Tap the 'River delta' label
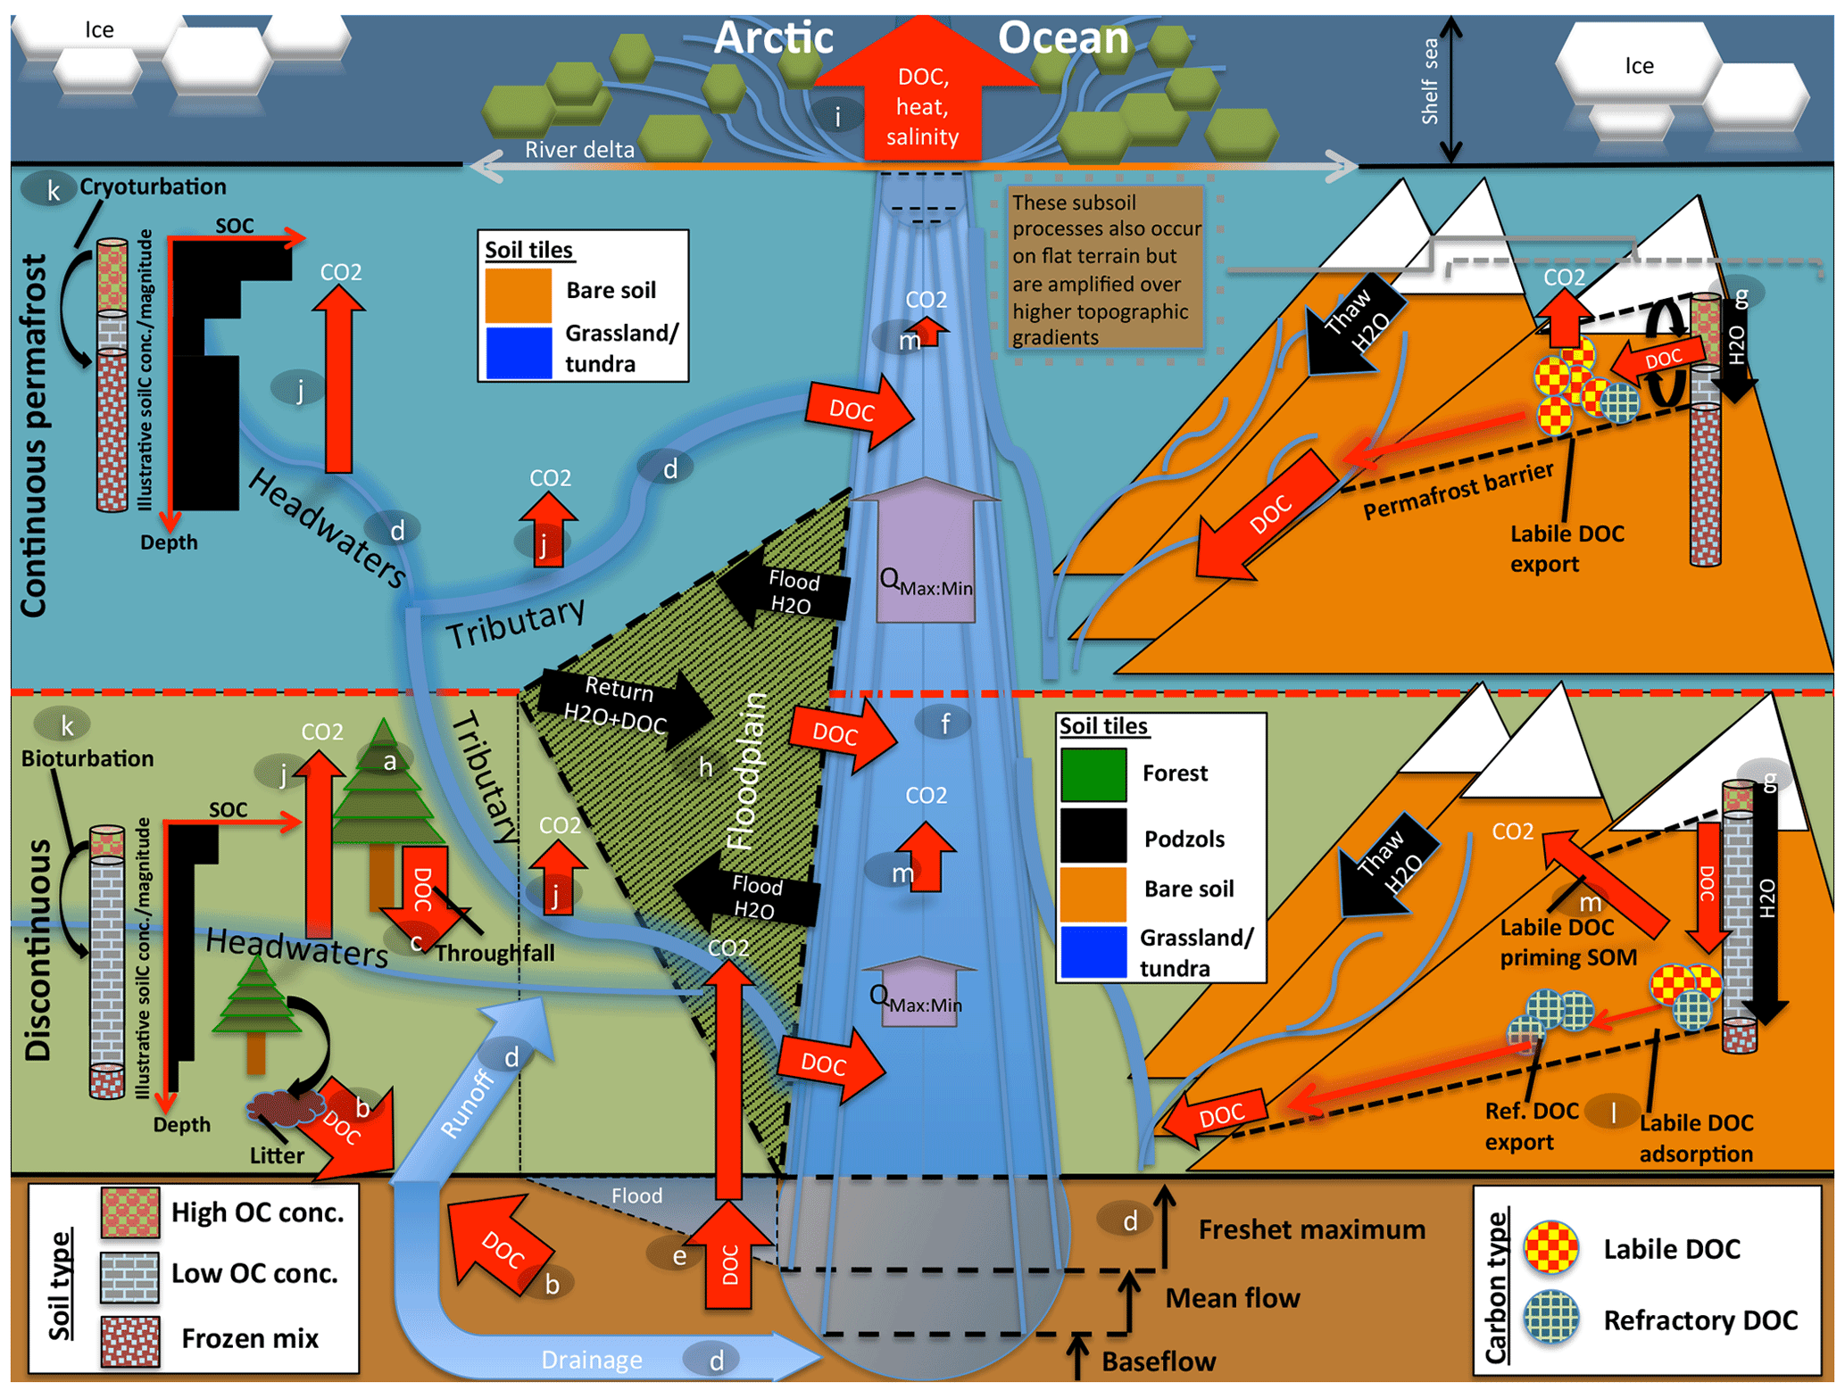tap(579, 149)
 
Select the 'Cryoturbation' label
tap(153, 186)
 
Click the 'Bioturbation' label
tap(87, 758)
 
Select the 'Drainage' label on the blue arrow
tap(592, 1360)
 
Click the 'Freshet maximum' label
tap(1311, 1229)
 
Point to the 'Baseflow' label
tap(1158, 1361)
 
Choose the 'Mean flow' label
tap(1232, 1297)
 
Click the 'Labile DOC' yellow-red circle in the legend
tap(1551, 1247)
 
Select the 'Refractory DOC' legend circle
tap(1551, 1318)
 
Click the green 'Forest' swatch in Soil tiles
tap(1093, 773)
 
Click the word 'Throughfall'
tap(494, 954)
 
